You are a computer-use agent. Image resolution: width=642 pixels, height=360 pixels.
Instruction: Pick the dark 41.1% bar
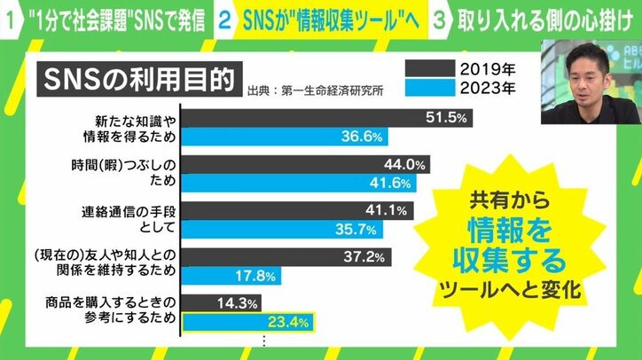(x=275, y=211)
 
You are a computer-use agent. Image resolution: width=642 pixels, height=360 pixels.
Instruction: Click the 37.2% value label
(x=367, y=257)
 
